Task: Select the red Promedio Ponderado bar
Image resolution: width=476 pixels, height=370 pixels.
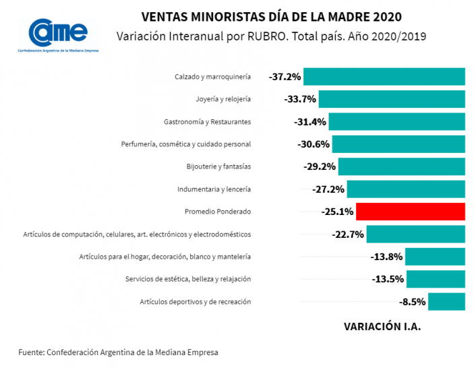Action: (410, 212)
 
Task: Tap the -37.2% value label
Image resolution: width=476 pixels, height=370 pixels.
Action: (285, 77)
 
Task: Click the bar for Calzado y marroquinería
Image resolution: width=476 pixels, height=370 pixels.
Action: (384, 77)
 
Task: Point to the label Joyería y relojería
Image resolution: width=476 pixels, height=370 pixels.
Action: (223, 99)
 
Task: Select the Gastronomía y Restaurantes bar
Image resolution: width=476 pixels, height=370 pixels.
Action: (396, 122)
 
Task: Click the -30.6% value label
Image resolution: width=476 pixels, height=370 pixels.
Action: (314, 144)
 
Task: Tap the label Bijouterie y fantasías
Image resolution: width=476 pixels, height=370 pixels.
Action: (218, 166)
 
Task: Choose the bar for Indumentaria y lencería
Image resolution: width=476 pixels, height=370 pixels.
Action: (406, 189)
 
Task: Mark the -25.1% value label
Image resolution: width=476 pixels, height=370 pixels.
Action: (338, 212)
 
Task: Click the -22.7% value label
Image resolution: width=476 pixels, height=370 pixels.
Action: (348, 235)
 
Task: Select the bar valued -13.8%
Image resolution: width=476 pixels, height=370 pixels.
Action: (435, 257)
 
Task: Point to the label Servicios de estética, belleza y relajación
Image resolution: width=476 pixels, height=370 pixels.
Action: (188, 279)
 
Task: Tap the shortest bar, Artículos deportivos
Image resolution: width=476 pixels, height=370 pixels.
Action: (446, 301)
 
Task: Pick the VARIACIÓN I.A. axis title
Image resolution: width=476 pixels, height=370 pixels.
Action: (382, 326)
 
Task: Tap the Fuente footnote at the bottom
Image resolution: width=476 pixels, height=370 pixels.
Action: (119, 352)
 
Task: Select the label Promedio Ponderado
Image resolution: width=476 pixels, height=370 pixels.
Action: (218, 212)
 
